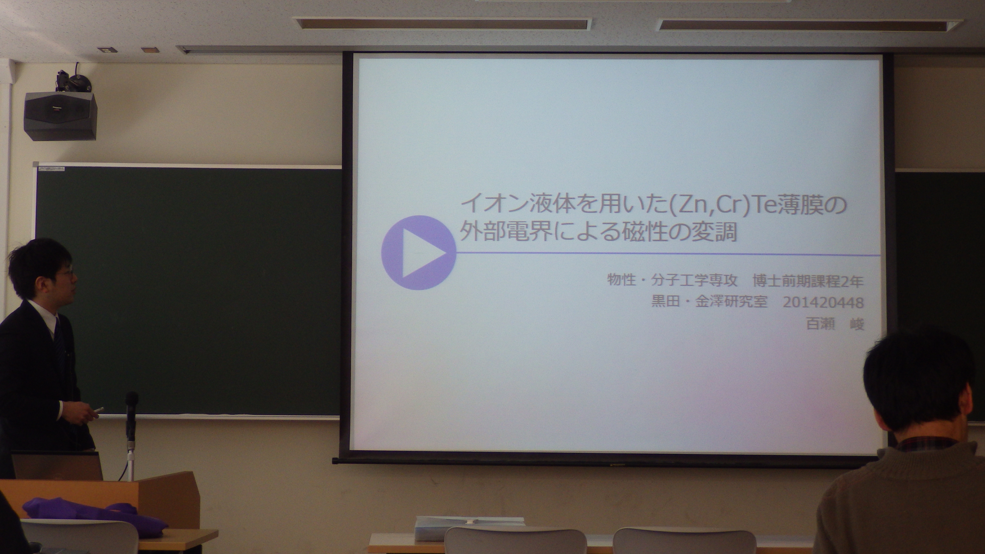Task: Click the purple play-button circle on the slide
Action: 419,252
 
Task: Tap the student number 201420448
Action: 823,303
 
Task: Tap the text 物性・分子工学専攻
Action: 671,281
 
